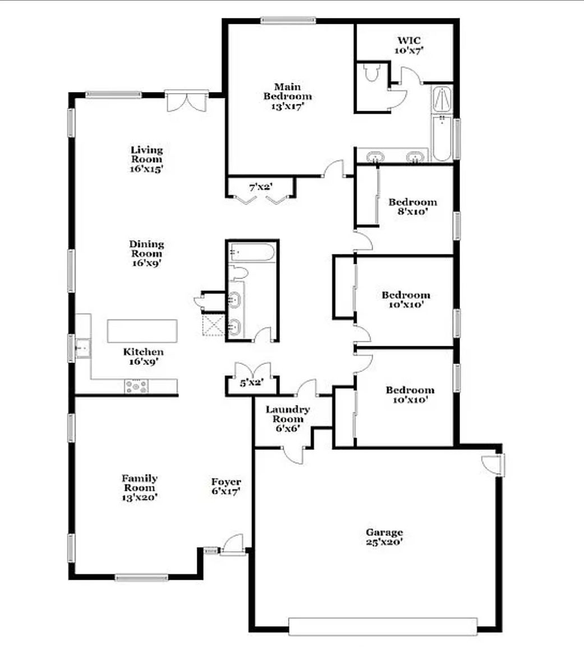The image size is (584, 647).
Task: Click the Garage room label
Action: click(x=384, y=537)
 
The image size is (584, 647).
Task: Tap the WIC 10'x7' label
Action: click(x=410, y=45)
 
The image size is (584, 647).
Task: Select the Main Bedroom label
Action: click(x=288, y=96)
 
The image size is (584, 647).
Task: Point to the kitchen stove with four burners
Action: click(x=136, y=386)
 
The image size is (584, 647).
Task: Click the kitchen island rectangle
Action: click(x=142, y=331)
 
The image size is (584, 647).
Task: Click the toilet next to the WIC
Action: click(x=371, y=72)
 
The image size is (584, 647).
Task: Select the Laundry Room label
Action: click(x=288, y=418)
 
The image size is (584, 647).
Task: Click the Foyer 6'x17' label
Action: click(x=226, y=486)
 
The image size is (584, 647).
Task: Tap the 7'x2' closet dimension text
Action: click(x=260, y=187)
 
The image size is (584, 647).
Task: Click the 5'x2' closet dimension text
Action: click(x=252, y=383)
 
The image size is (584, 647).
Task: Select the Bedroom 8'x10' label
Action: click(x=412, y=207)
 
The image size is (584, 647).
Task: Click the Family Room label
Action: click(x=140, y=487)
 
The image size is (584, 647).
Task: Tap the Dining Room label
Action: click(x=146, y=253)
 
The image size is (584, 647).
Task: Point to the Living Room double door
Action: click(x=187, y=101)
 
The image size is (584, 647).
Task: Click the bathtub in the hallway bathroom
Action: click(x=252, y=252)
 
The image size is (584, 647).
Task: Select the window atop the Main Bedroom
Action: click(x=288, y=20)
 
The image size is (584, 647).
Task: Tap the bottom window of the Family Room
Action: click(x=141, y=577)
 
